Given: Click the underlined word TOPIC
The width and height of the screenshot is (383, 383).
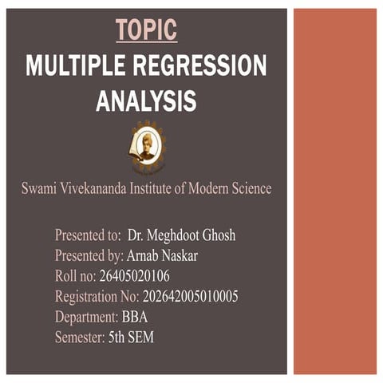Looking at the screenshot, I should tap(146, 30).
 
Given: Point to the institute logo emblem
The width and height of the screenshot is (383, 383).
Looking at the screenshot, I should tap(145, 145).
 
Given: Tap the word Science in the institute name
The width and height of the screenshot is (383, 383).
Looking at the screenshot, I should tap(247, 189).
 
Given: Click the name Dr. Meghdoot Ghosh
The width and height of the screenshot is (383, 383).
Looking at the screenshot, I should tap(182, 235).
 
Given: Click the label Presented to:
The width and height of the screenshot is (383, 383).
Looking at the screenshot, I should tap(88, 235).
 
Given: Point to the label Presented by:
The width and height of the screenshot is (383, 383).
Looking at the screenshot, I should tap(89, 256).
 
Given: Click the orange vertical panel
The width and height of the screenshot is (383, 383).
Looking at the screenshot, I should tap(334, 191).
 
